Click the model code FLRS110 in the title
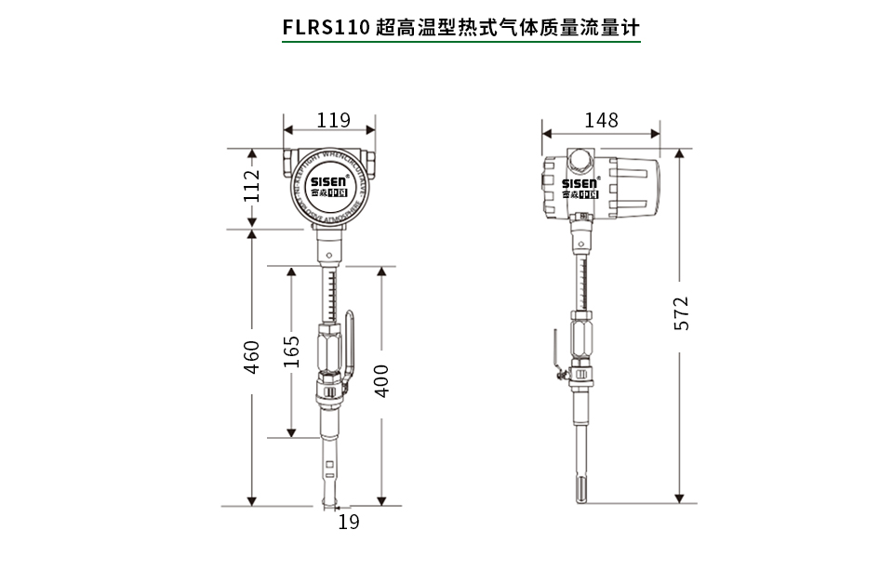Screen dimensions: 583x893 tap(326, 26)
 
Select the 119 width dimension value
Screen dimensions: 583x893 tap(332, 120)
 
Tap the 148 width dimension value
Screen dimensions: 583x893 tap(601, 120)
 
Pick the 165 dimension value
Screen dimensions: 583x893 tap(292, 353)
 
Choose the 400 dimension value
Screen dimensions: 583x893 tap(381, 379)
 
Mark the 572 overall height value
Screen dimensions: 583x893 tap(681, 313)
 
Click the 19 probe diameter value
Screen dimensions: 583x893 tap(348, 523)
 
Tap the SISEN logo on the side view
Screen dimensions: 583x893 tap(580, 184)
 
